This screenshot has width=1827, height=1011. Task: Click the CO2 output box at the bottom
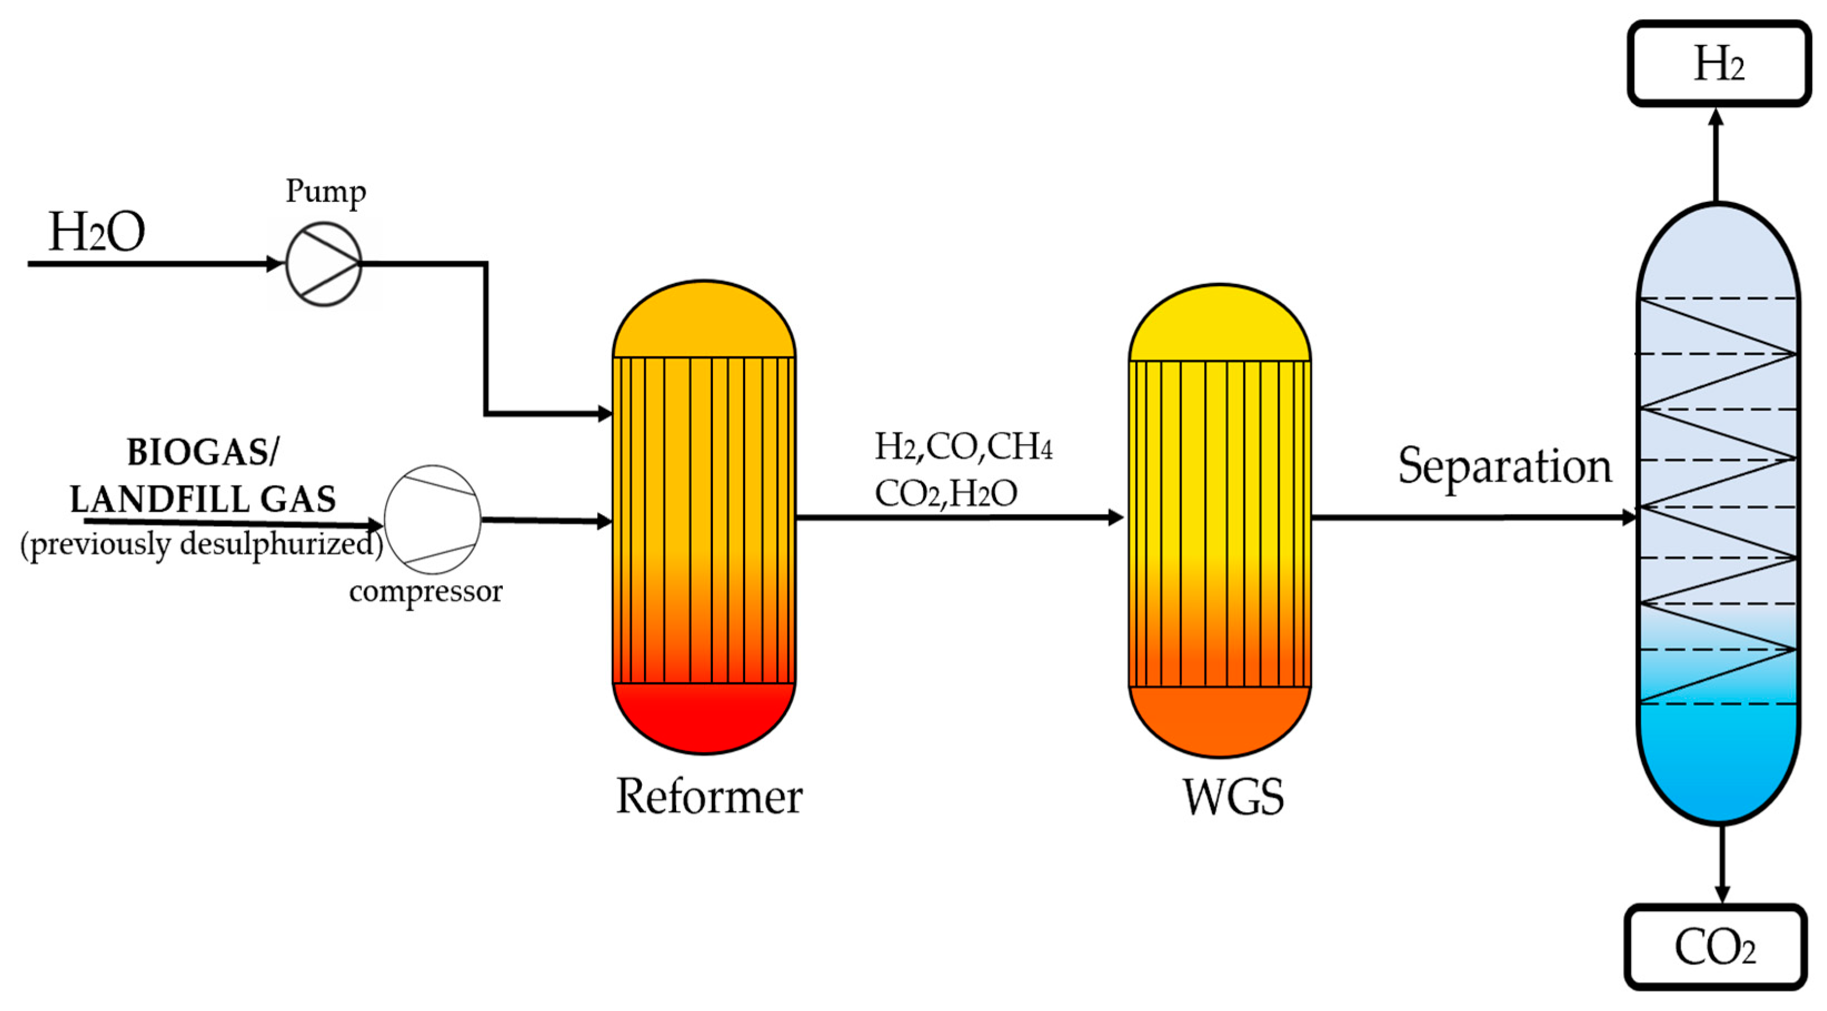click(1715, 948)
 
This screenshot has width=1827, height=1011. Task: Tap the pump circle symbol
click(324, 264)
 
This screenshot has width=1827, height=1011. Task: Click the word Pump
click(326, 192)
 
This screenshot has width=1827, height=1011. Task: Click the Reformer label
click(708, 796)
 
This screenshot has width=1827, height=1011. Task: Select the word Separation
click(1504, 467)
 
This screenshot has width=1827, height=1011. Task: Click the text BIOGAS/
click(203, 452)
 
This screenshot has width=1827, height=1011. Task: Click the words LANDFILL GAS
click(203, 500)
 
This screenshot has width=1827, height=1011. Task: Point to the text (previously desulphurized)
click(201, 545)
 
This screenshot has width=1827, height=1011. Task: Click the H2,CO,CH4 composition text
click(963, 447)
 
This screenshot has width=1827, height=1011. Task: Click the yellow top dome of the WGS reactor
click(1219, 326)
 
